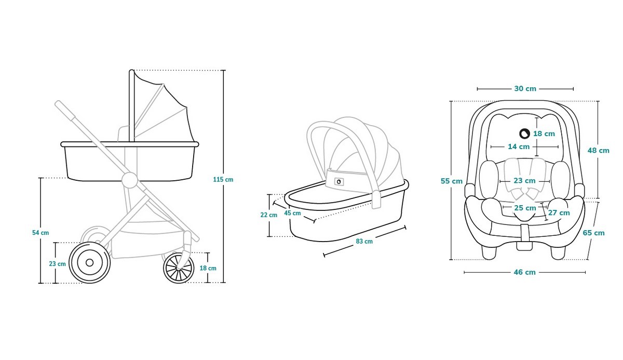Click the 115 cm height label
pyautogui.click(x=223, y=179)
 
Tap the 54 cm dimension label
pyautogui.click(x=40, y=233)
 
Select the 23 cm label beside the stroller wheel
pyautogui.click(x=57, y=264)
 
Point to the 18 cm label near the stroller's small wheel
pyautogui.click(x=208, y=268)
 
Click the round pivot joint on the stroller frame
pyautogui.click(x=130, y=180)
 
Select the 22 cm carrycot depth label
pyautogui.click(x=269, y=215)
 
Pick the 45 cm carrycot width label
pyautogui.click(x=292, y=213)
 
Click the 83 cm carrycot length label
pyautogui.click(x=364, y=241)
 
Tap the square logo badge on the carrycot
pyautogui.click(x=338, y=182)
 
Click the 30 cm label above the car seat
pyautogui.click(x=525, y=89)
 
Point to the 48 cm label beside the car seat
pyautogui.click(x=598, y=151)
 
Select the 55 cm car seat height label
pyautogui.click(x=451, y=181)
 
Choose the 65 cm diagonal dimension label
pyautogui.click(x=593, y=233)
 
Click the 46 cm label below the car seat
pyautogui.click(x=524, y=272)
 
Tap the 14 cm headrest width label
pyautogui.click(x=519, y=146)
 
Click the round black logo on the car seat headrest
pyautogui.click(x=524, y=134)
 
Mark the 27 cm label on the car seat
pyautogui.click(x=559, y=213)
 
